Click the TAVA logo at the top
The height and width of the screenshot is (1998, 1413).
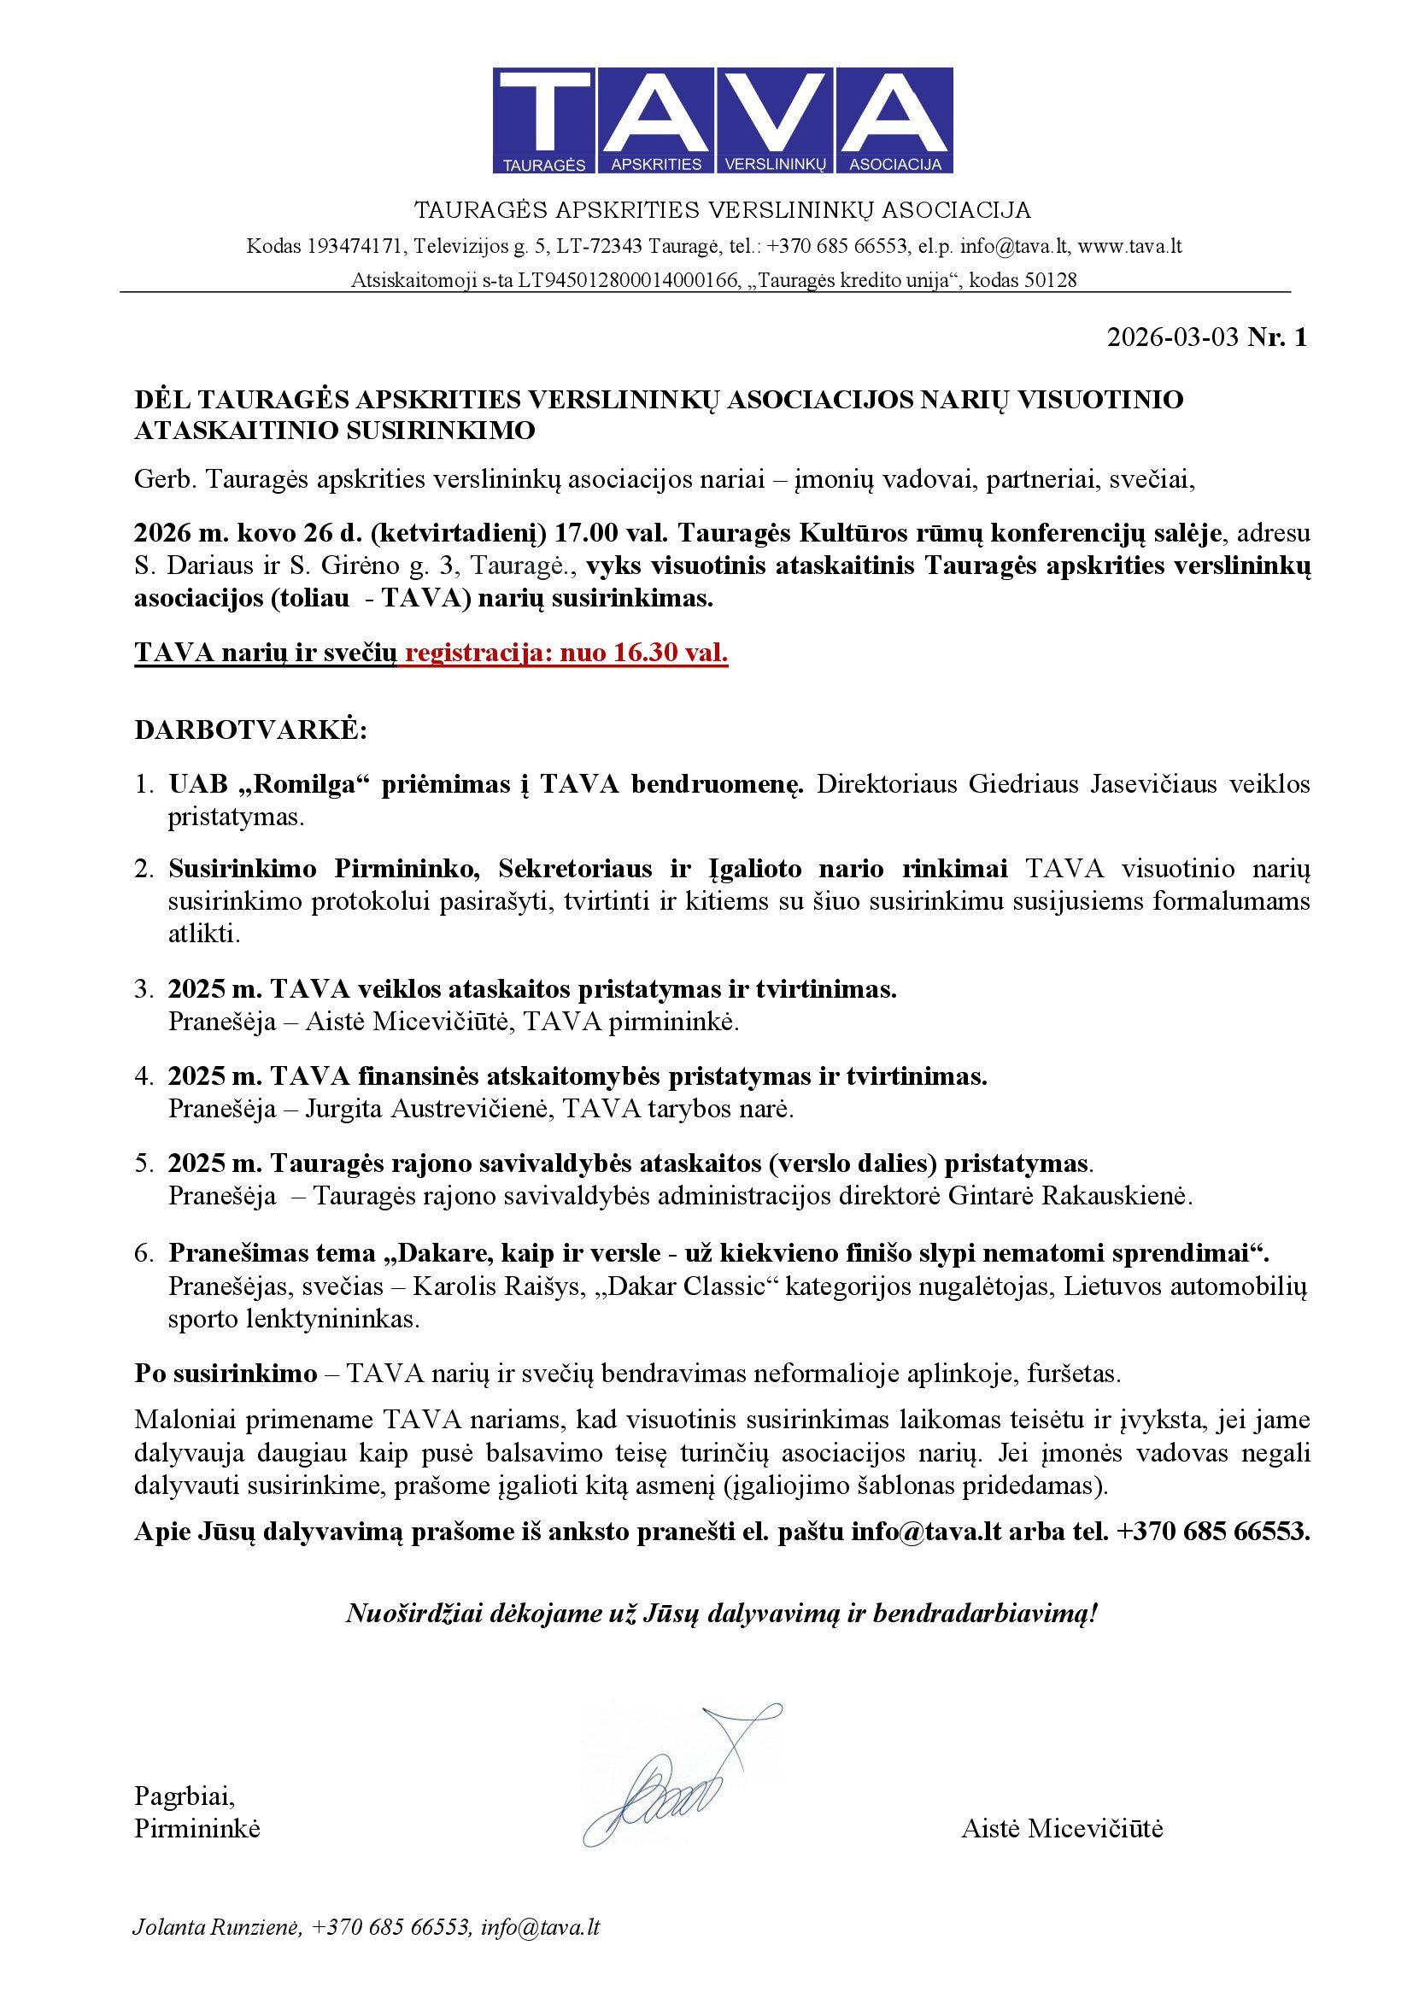[722, 120]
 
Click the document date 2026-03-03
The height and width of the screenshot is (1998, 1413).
[1172, 337]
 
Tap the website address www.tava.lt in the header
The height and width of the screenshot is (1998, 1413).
[1129, 246]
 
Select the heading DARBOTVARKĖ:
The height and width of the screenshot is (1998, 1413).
[250, 729]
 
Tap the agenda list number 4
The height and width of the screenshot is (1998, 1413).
[144, 1076]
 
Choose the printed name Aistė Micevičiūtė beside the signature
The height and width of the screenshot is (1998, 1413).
[1062, 1828]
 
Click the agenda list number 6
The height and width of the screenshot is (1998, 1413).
[144, 1253]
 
